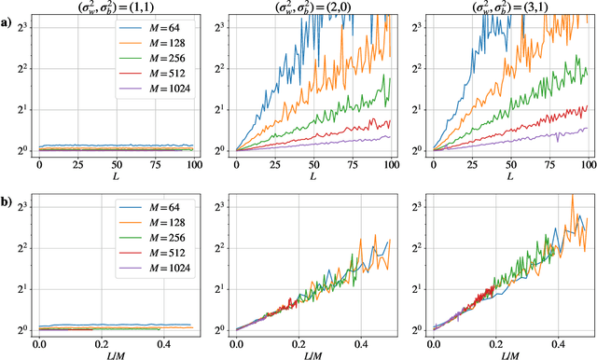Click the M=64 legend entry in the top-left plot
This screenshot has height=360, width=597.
click(155, 33)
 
